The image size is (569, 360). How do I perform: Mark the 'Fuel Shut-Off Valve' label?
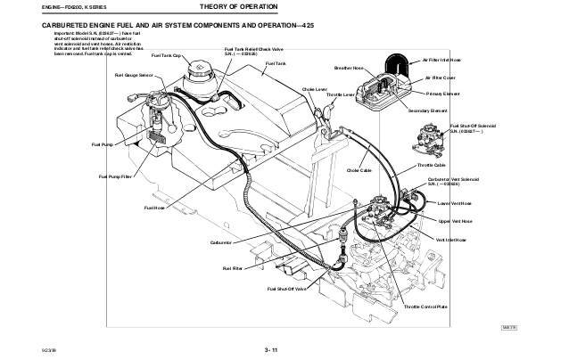coord(286,290)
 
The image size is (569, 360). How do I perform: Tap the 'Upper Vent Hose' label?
coord(457,220)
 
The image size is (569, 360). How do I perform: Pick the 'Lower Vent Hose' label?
coord(457,202)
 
